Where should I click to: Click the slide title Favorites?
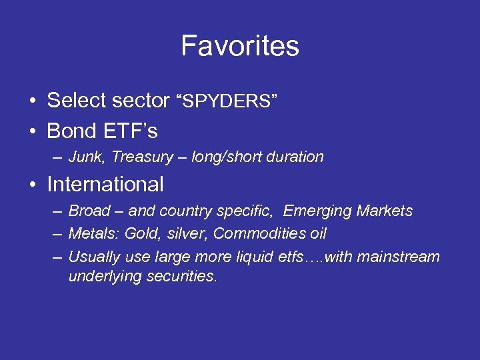240,46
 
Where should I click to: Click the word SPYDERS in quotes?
227,102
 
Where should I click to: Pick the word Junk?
87,157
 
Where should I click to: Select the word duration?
297,157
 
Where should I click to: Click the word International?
105,184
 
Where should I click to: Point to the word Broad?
89,211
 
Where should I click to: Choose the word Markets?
385,211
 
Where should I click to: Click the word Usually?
93,257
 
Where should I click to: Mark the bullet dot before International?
32,185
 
